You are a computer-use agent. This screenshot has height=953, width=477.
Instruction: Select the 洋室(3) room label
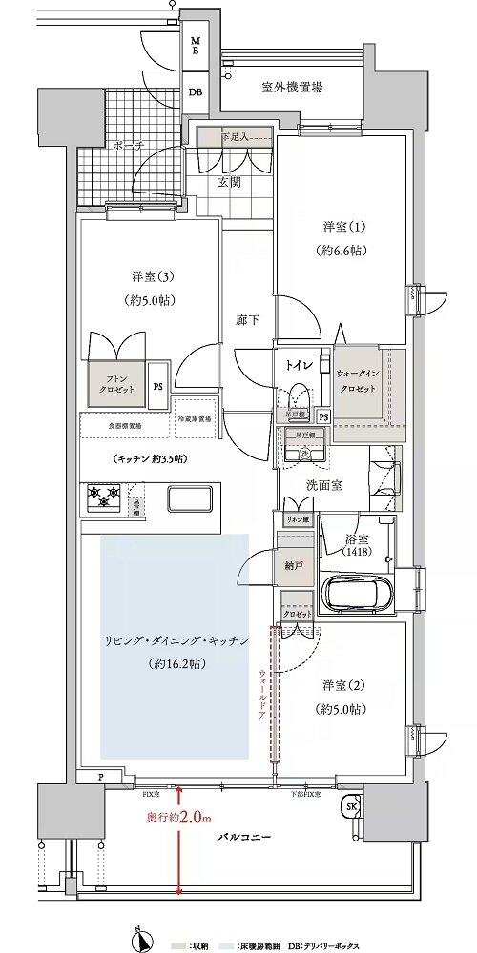[x=150, y=276]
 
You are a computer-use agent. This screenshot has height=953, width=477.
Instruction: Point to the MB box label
[x=195, y=47]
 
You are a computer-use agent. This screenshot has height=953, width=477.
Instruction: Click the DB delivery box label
[x=195, y=92]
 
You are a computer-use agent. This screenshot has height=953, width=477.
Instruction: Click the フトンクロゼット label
[x=114, y=384]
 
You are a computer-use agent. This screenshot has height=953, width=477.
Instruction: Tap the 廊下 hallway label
[x=248, y=321]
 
